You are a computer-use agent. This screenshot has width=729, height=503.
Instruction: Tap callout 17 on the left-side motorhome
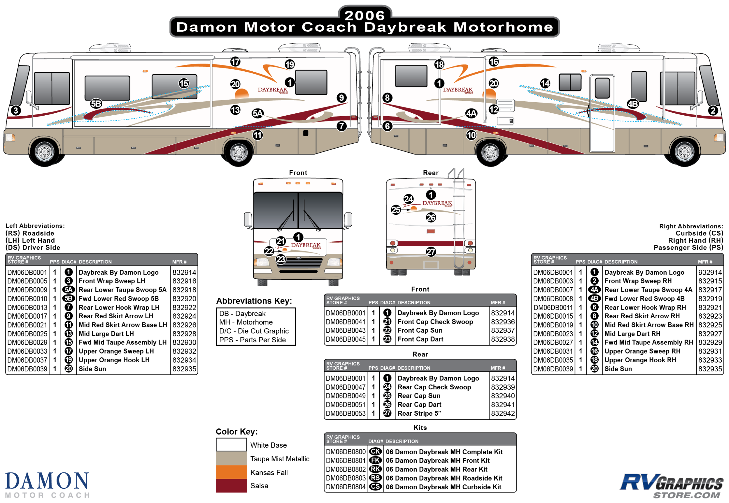click(x=235, y=61)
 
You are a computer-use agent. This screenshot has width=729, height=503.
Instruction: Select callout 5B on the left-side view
click(x=96, y=104)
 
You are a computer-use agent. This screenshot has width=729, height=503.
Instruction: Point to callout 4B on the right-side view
click(x=632, y=104)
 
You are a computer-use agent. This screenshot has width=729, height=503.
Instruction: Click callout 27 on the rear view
click(x=431, y=252)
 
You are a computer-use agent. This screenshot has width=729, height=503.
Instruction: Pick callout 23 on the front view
click(x=281, y=260)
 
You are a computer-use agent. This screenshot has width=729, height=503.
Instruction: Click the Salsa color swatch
click(x=231, y=486)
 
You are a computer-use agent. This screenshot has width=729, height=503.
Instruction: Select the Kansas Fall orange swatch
click(x=231, y=472)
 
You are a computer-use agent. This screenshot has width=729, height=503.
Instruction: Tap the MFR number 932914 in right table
click(x=710, y=272)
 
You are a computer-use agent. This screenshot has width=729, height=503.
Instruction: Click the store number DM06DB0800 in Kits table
click(x=346, y=452)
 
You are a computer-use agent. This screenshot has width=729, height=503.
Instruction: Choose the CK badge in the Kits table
click(x=375, y=452)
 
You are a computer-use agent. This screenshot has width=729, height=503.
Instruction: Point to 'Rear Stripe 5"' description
click(x=419, y=413)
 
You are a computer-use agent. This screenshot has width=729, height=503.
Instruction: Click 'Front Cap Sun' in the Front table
click(x=420, y=330)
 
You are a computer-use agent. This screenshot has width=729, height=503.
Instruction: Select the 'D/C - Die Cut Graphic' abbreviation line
click(x=254, y=331)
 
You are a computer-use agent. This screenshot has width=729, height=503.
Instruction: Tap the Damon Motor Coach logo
click(x=47, y=485)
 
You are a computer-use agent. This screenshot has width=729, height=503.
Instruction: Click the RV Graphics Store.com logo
click(x=672, y=485)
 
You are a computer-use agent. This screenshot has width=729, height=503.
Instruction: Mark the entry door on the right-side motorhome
click(x=602, y=114)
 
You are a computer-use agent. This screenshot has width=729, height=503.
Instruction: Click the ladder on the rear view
click(x=459, y=220)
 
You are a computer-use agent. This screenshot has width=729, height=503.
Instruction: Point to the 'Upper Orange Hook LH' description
click(x=114, y=360)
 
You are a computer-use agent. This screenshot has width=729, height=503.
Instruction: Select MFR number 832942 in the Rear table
click(x=503, y=413)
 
